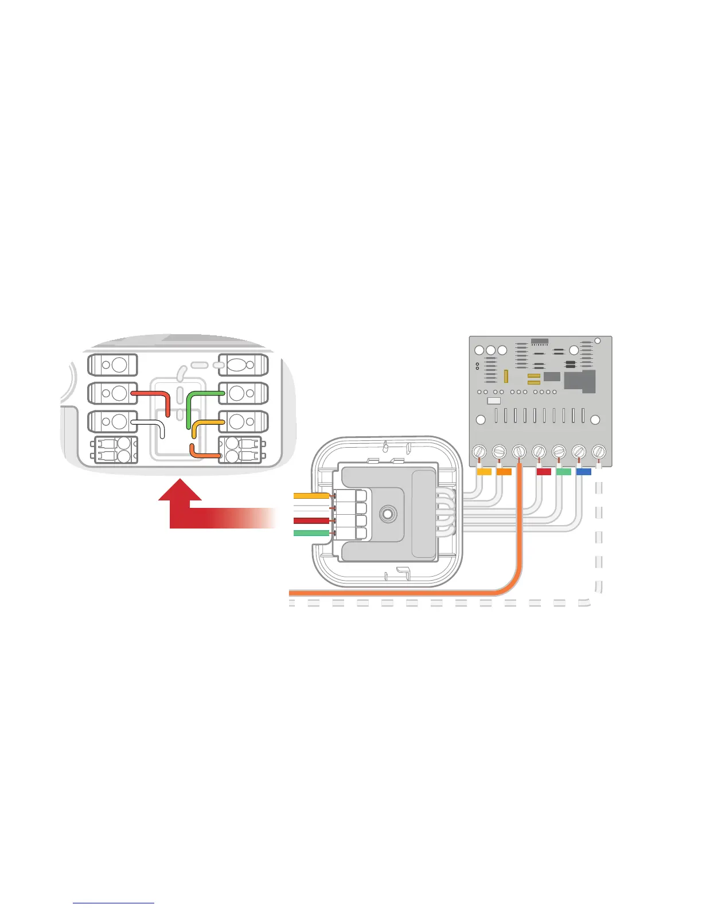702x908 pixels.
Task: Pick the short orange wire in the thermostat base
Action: [204, 455]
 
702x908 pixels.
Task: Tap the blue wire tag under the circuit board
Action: [583, 472]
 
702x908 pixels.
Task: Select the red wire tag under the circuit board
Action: [544, 472]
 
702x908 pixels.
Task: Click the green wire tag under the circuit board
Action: [564, 472]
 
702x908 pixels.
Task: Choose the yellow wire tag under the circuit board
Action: [485, 472]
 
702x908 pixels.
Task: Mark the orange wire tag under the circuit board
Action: [504, 472]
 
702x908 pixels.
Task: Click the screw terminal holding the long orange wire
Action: [519, 452]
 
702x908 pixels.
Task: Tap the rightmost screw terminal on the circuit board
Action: [598, 452]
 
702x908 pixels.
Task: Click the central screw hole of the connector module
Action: [388, 513]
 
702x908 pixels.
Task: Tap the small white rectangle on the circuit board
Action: [493, 401]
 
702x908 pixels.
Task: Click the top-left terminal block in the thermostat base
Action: [112, 365]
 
